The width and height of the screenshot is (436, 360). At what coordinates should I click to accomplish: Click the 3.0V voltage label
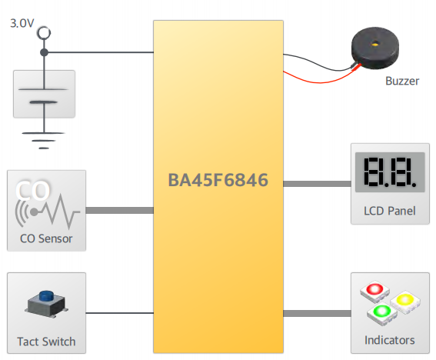(22, 23)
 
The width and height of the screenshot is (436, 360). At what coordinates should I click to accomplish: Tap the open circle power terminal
(44, 33)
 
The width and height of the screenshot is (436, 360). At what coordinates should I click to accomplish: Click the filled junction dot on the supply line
(44, 52)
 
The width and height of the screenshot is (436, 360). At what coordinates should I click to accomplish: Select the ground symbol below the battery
(44, 141)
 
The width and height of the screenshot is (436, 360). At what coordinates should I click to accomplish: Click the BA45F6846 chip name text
(218, 180)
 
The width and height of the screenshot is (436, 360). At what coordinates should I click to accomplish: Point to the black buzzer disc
(375, 47)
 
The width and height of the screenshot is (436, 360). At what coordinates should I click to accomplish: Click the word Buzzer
(402, 81)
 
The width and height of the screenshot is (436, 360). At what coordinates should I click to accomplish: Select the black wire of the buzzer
(317, 62)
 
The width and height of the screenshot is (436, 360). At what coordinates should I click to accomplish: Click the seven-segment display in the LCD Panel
(390, 172)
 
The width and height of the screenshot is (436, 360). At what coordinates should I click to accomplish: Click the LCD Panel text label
(390, 211)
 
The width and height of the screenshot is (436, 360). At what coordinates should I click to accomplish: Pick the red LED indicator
(374, 292)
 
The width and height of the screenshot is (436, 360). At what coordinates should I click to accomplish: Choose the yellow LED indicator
(405, 302)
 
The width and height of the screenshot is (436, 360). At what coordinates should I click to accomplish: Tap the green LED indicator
(382, 313)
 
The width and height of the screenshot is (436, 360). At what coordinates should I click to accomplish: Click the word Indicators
(390, 340)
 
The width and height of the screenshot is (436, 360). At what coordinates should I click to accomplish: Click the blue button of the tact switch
(46, 296)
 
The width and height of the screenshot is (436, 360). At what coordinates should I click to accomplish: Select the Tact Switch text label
(46, 342)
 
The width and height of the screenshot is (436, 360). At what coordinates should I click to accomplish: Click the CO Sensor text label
(46, 238)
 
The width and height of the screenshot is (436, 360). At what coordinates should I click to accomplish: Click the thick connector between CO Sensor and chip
(119, 210)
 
